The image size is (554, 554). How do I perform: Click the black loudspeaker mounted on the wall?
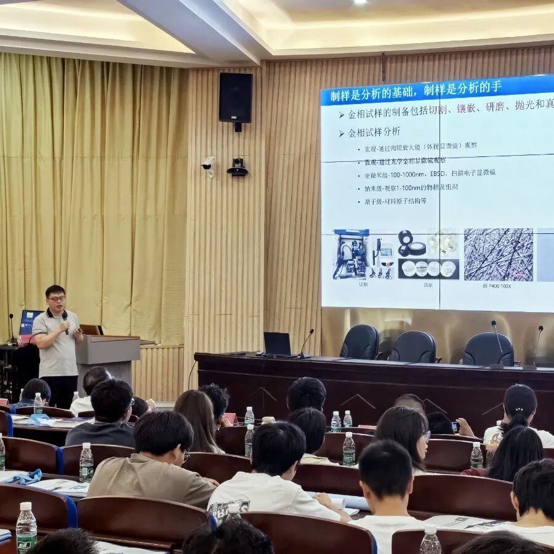(x=235, y=98)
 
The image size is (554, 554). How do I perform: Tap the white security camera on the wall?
(x=208, y=164)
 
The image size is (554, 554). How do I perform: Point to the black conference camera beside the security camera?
(x=237, y=167)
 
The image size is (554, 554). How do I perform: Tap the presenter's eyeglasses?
(x=57, y=299)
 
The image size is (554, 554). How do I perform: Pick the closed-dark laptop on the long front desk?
(x=277, y=343)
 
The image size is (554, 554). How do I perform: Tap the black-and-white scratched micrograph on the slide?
(x=498, y=254)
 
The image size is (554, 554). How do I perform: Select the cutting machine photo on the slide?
(x=351, y=254)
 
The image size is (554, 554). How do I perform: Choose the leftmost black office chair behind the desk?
(x=360, y=342)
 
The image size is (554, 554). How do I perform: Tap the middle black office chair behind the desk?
(x=412, y=347)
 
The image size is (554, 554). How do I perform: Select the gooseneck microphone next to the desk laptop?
(x=305, y=342)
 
